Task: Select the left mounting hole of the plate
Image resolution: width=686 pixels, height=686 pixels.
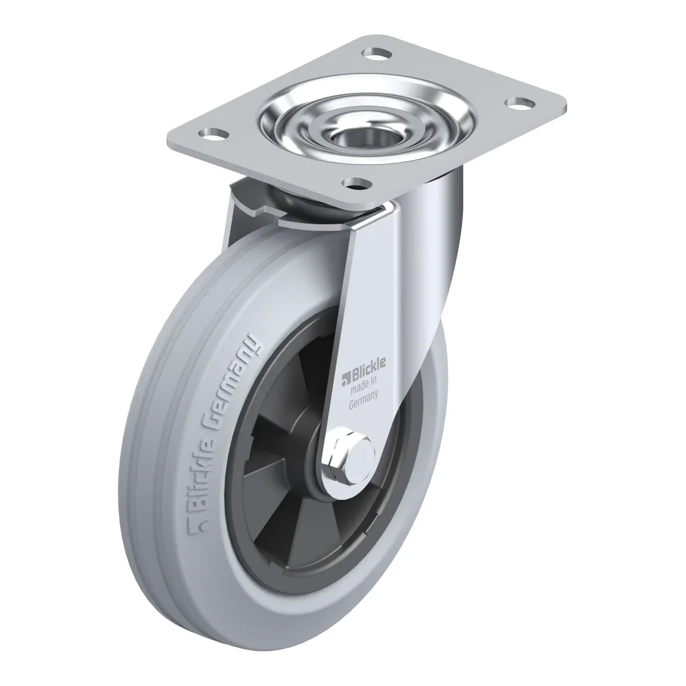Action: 213,134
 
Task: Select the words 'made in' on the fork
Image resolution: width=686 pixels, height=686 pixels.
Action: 364,386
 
